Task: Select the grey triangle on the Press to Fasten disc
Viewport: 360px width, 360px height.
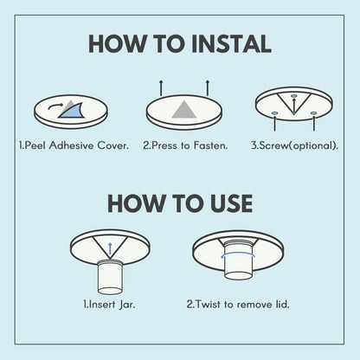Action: point(181,109)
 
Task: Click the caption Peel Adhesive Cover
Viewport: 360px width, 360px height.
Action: point(74,145)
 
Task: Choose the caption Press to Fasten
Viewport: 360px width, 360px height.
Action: point(185,145)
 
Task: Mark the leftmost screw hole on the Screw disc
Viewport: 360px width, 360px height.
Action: point(273,113)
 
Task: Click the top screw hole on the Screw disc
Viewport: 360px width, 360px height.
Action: point(294,95)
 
